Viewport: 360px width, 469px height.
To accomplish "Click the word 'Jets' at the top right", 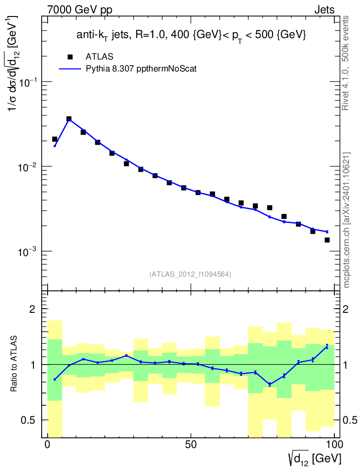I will pos(324,10).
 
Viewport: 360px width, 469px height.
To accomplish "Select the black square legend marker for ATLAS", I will pos(70,57).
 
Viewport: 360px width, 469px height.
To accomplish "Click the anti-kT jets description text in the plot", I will pos(191,35).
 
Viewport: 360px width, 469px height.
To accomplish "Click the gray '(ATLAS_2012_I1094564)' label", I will pos(190,274).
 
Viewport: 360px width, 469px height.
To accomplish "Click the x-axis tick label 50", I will pos(191,445).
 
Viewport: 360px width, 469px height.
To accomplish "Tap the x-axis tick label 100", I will pos(334,445).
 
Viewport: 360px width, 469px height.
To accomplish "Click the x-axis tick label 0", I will pos(48,445).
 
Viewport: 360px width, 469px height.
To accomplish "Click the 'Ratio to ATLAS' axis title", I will pos(15,364).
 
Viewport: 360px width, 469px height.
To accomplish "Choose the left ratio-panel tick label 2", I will pos(33,309).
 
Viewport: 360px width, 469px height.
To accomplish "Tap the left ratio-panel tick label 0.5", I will pos(29,420).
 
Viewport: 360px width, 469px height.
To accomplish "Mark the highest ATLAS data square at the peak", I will pos(69,119).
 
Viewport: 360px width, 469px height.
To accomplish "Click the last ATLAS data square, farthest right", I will pos(327,240).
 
